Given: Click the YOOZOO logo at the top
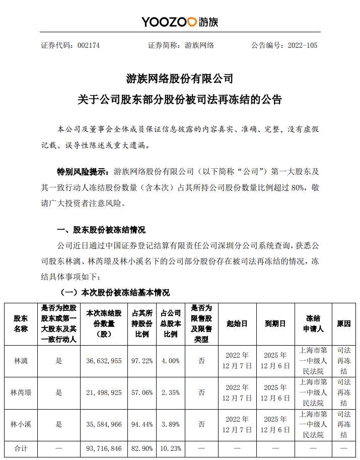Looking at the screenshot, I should [179, 22].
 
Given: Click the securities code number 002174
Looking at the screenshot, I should [89, 45].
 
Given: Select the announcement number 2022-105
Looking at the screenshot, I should [303, 45].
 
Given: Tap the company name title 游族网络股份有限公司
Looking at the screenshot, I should [180, 79].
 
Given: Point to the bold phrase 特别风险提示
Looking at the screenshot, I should [83, 171].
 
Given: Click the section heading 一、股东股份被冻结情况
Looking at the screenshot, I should [102, 230].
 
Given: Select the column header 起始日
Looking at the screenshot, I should [237, 324].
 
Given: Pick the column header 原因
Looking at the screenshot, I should [343, 324].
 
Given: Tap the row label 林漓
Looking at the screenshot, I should [21, 361].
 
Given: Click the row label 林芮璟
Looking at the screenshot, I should [21, 392].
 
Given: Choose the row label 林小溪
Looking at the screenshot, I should [21, 424].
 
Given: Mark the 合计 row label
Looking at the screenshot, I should [21, 448].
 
